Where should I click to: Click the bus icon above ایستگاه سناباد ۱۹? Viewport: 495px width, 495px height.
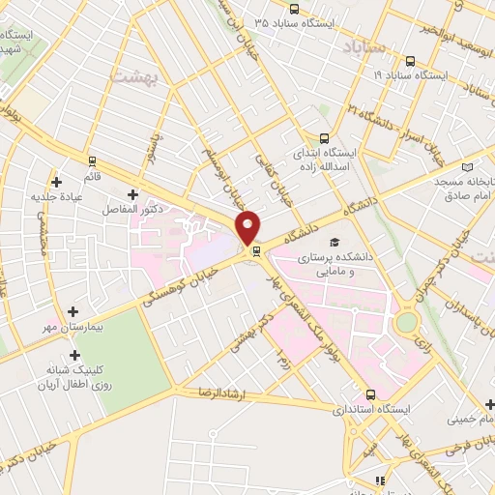(409, 59)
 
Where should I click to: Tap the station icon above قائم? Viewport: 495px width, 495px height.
(92, 160)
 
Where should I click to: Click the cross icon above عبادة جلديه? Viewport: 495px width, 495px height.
(57, 182)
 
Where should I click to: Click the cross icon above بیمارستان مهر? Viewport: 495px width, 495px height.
(74, 310)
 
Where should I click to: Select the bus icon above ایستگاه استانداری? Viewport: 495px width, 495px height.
(371, 394)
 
